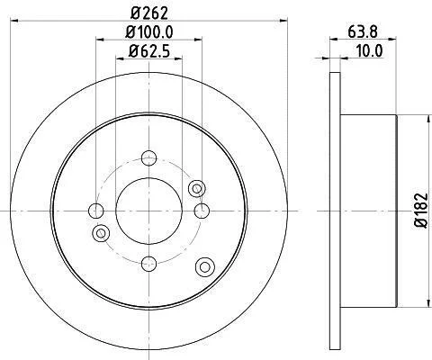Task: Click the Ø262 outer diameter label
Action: [x=149, y=13]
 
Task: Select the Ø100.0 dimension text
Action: [x=149, y=32]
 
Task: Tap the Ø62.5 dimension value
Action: [x=149, y=51]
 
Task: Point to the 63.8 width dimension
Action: [x=363, y=31]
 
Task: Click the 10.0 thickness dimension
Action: [x=370, y=50]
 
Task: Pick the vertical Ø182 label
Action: [x=421, y=211]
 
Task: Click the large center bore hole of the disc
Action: [x=148, y=211]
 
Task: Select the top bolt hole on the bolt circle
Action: [x=148, y=158]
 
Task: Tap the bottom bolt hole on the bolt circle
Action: [x=148, y=264]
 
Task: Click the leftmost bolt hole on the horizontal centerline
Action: [x=96, y=211]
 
